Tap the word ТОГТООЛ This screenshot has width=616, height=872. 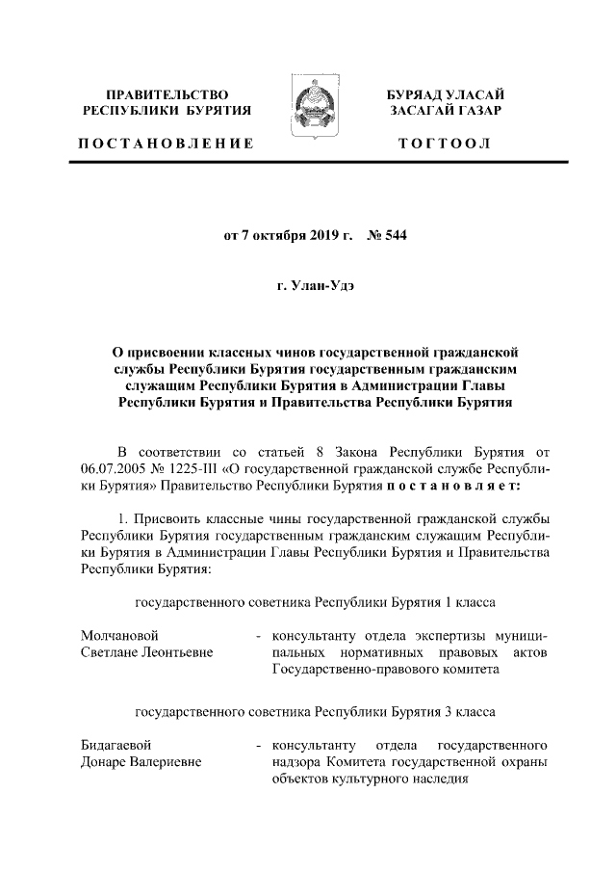point(445,144)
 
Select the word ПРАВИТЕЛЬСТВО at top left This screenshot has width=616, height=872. point(167,94)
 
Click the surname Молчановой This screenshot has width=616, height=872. point(120,636)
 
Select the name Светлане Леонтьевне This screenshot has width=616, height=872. point(147,652)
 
